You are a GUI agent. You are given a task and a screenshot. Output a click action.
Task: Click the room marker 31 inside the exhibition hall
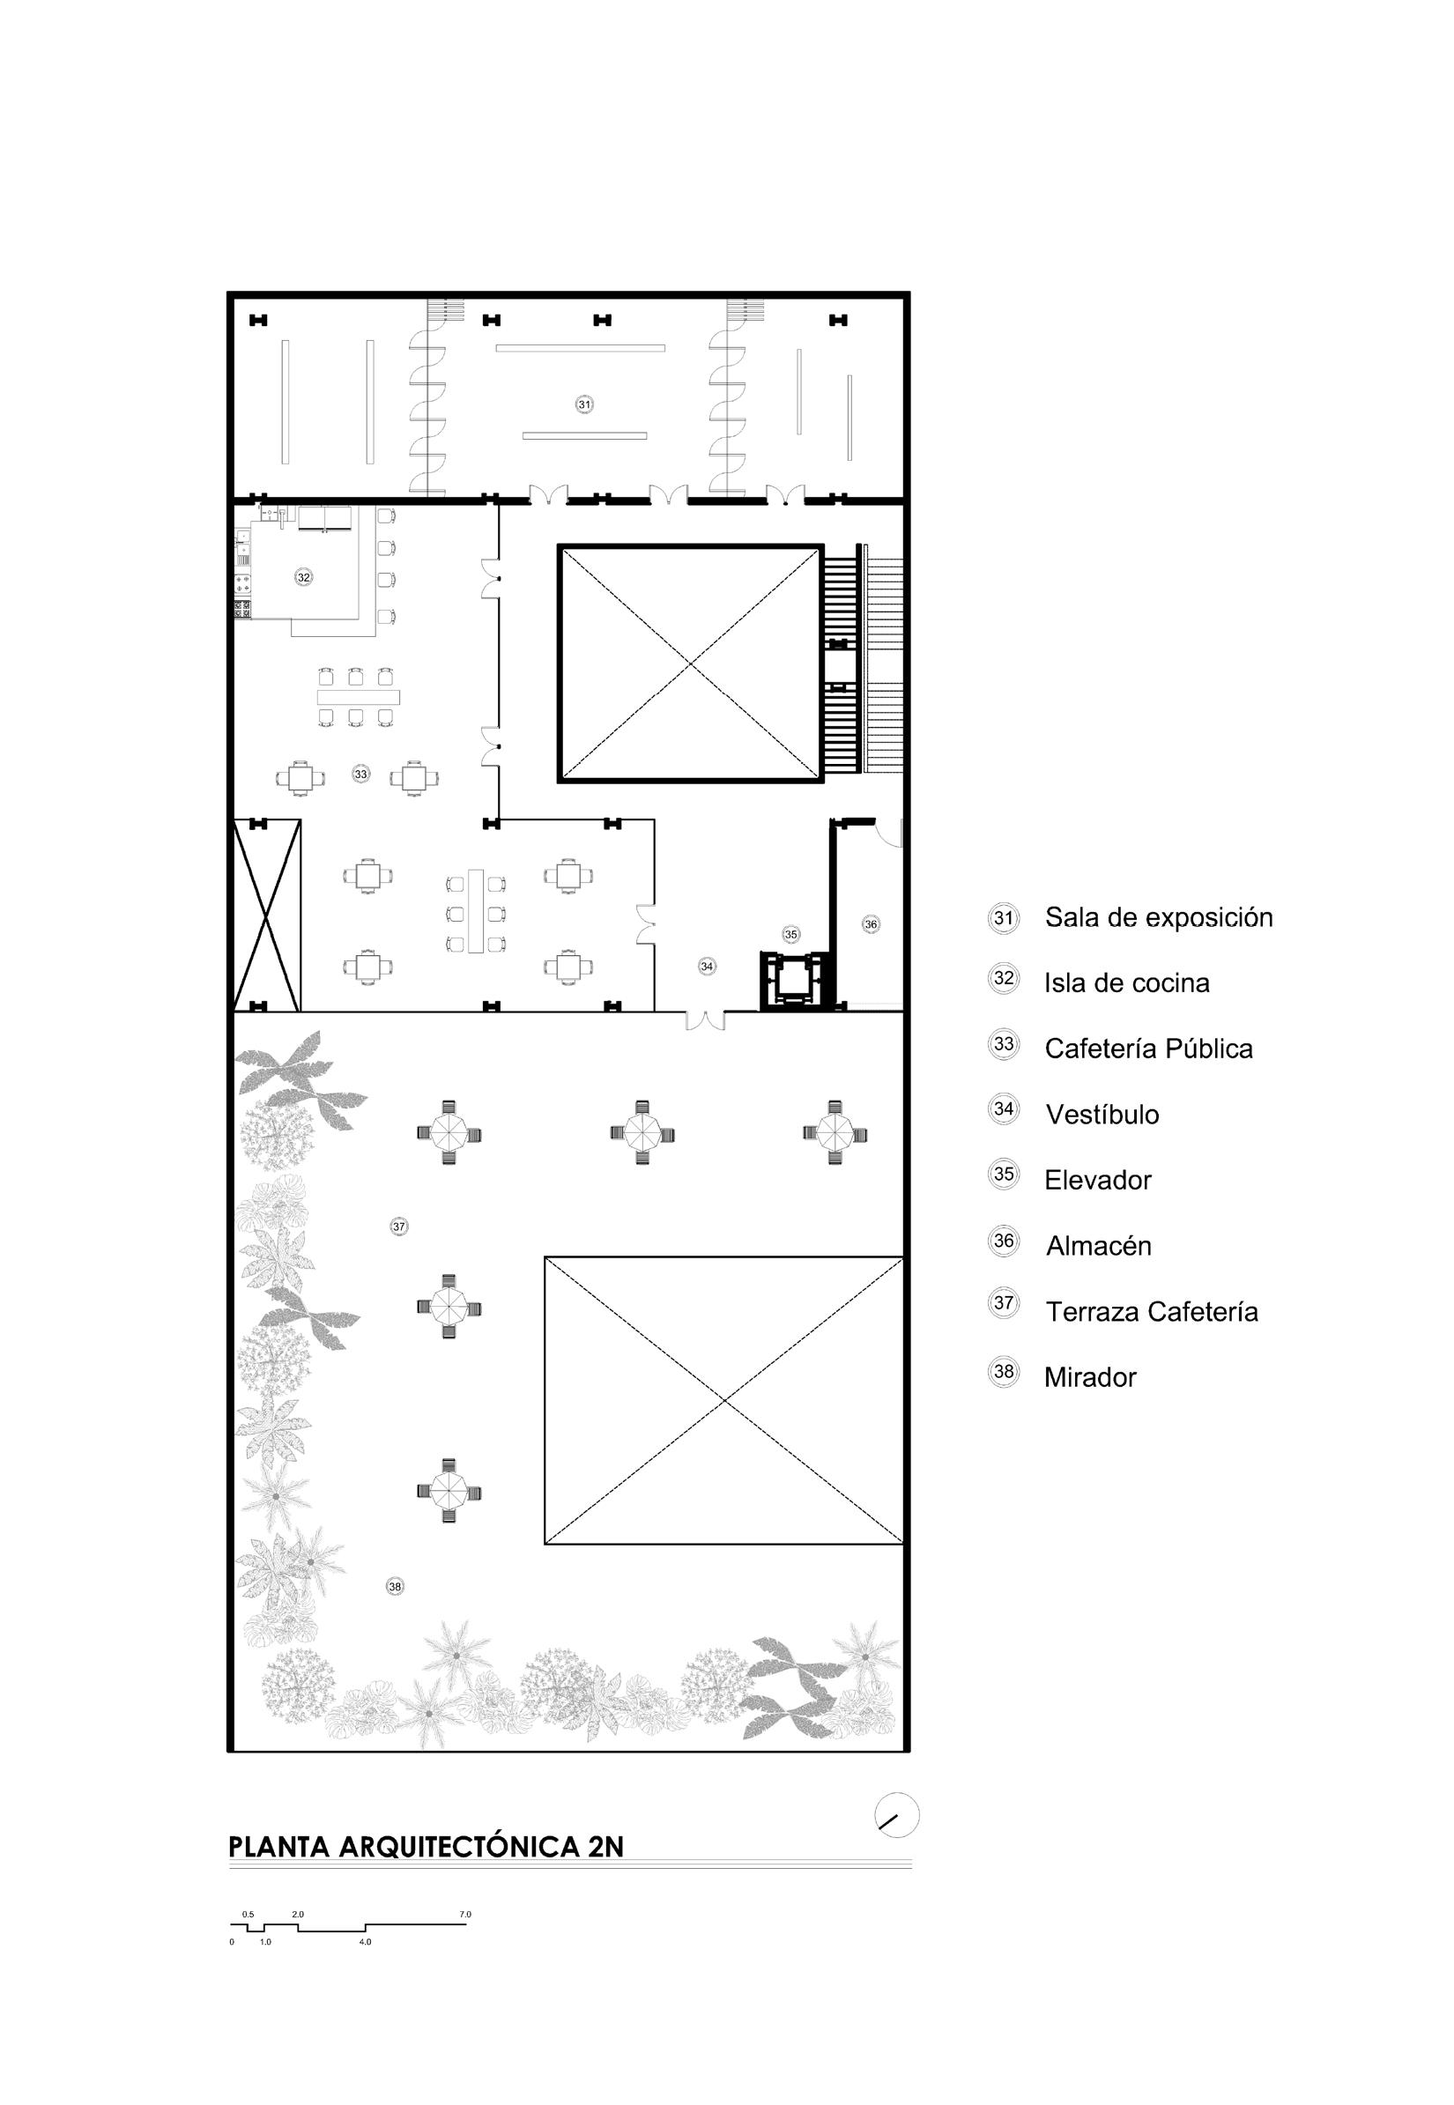[584, 404]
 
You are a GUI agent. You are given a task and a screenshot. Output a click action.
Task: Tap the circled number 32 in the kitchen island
[303, 576]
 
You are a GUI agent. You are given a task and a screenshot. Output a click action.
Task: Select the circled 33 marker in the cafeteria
[360, 774]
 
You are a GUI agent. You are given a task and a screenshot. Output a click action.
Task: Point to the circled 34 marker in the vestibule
[707, 966]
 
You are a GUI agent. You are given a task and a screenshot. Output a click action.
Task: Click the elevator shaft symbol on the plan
[793, 980]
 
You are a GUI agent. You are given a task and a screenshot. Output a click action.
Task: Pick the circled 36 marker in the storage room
[871, 923]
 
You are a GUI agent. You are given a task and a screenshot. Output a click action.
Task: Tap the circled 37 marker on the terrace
[399, 1226]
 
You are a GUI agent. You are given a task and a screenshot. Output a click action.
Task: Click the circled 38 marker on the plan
[395, 1586]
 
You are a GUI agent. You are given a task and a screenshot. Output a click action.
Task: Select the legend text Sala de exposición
[1158, 917]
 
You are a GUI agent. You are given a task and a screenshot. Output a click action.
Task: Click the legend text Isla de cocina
[1126, 982]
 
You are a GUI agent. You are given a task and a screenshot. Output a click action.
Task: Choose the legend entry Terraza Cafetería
[1152, 1312]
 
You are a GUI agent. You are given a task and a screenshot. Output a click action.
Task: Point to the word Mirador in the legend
[1089, 1377]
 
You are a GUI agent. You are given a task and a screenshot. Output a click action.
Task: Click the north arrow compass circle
[896, 1814]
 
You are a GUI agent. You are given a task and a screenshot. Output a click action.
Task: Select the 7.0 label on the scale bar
[465, 1914]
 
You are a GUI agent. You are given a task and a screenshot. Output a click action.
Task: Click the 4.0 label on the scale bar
[365, 1941]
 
